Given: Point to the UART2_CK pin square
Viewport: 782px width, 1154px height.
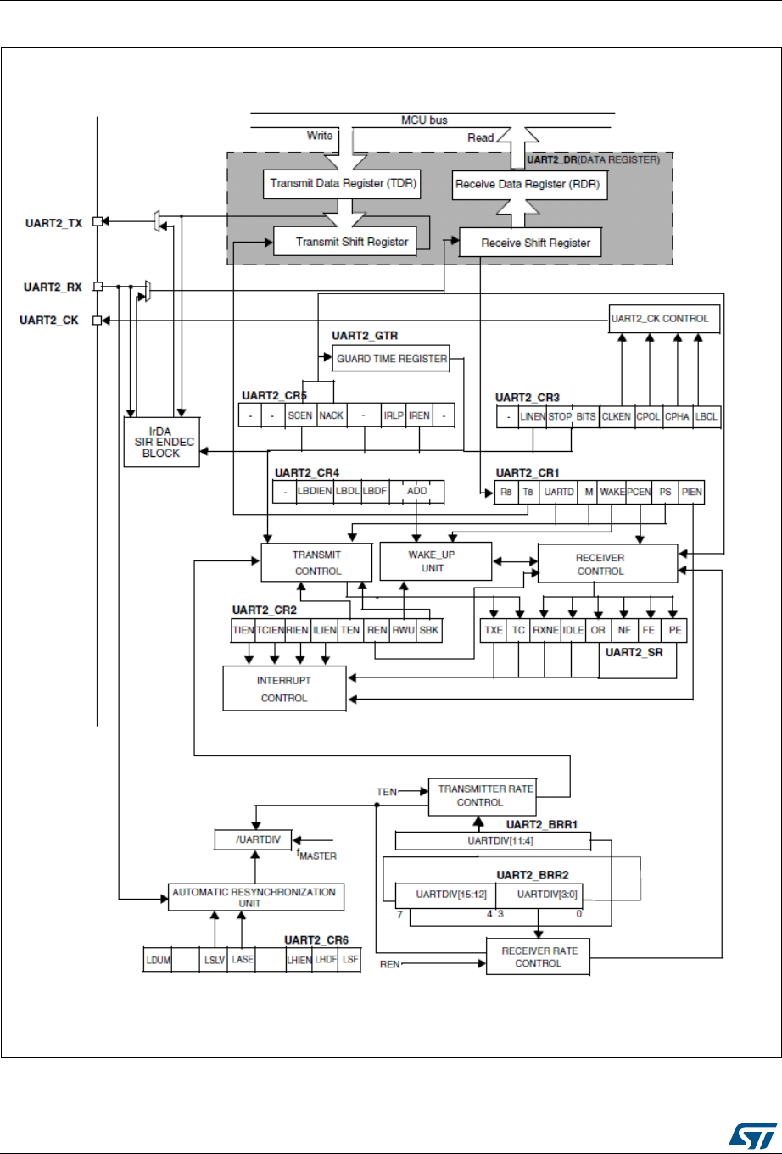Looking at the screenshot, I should click(98, 321).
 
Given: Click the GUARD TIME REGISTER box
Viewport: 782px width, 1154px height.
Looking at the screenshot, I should click(391, 359).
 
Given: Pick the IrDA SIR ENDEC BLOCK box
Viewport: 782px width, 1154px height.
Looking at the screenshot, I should click(162, 441).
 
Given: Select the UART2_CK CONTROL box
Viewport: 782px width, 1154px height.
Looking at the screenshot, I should click(664, 319).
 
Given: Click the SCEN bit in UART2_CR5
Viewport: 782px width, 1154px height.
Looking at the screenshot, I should click(300, 415).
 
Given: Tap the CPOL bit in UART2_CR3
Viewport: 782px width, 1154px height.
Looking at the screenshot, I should click(649, 416).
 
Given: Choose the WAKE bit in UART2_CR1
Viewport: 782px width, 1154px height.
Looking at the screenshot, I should click(612, 493).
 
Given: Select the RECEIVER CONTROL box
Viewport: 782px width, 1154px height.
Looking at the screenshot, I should click(600, 565).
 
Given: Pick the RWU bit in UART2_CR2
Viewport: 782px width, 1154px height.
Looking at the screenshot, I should click(404, 631).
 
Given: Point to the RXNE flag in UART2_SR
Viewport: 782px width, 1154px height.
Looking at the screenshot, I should click(544, 631).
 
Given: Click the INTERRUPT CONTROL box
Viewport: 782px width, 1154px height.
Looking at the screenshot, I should click(284, 688).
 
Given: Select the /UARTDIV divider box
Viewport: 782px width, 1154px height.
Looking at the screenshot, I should click(254, 839).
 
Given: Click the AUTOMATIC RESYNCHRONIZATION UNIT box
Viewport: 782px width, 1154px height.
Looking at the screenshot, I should click(254, 897).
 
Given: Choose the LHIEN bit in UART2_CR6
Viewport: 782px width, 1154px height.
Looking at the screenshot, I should click(299, 960).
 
